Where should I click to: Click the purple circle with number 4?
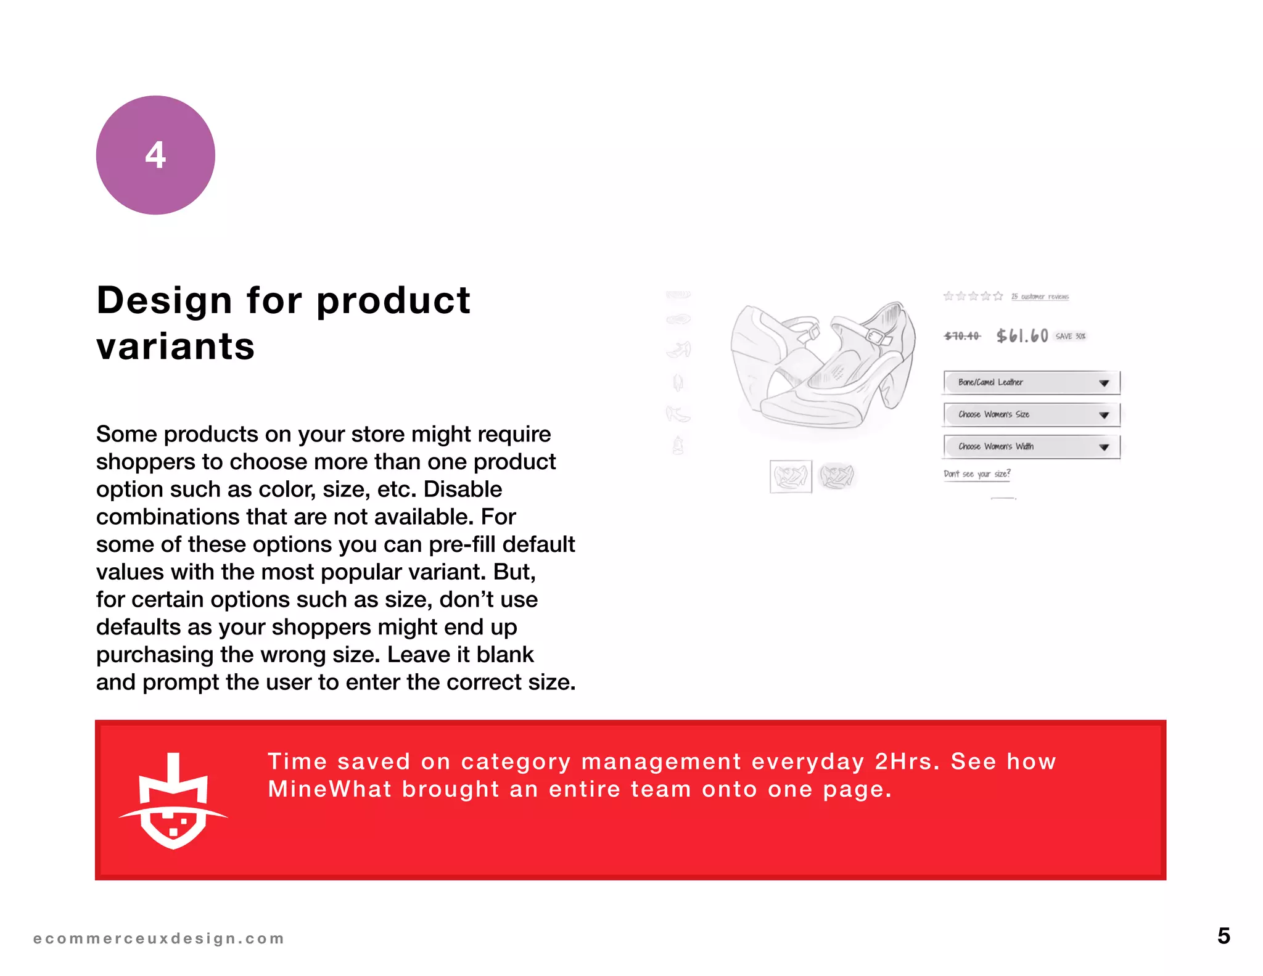(x=155, y=155)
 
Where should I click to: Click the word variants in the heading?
(x=176, y=346)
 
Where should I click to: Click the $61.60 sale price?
(x=1022, y=336)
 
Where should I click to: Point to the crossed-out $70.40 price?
(x=962, y=336)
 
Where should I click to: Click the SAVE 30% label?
(x=1071, y=336)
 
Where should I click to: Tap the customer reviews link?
(x=1040, y=297)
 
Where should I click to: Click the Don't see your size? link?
(x=977, y=474)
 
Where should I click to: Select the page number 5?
(x=1224, y=936)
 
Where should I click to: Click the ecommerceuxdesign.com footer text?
(x=158, y=938)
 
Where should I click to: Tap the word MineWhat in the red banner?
(x=329, y=789)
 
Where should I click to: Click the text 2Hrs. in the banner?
(x=907, y=761)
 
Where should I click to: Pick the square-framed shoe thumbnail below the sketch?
(x=791, y=477)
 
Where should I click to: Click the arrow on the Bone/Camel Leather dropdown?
(x=1104, y=383)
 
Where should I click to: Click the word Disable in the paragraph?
(x=463, y=489)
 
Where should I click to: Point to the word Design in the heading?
(x=165, y=300)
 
